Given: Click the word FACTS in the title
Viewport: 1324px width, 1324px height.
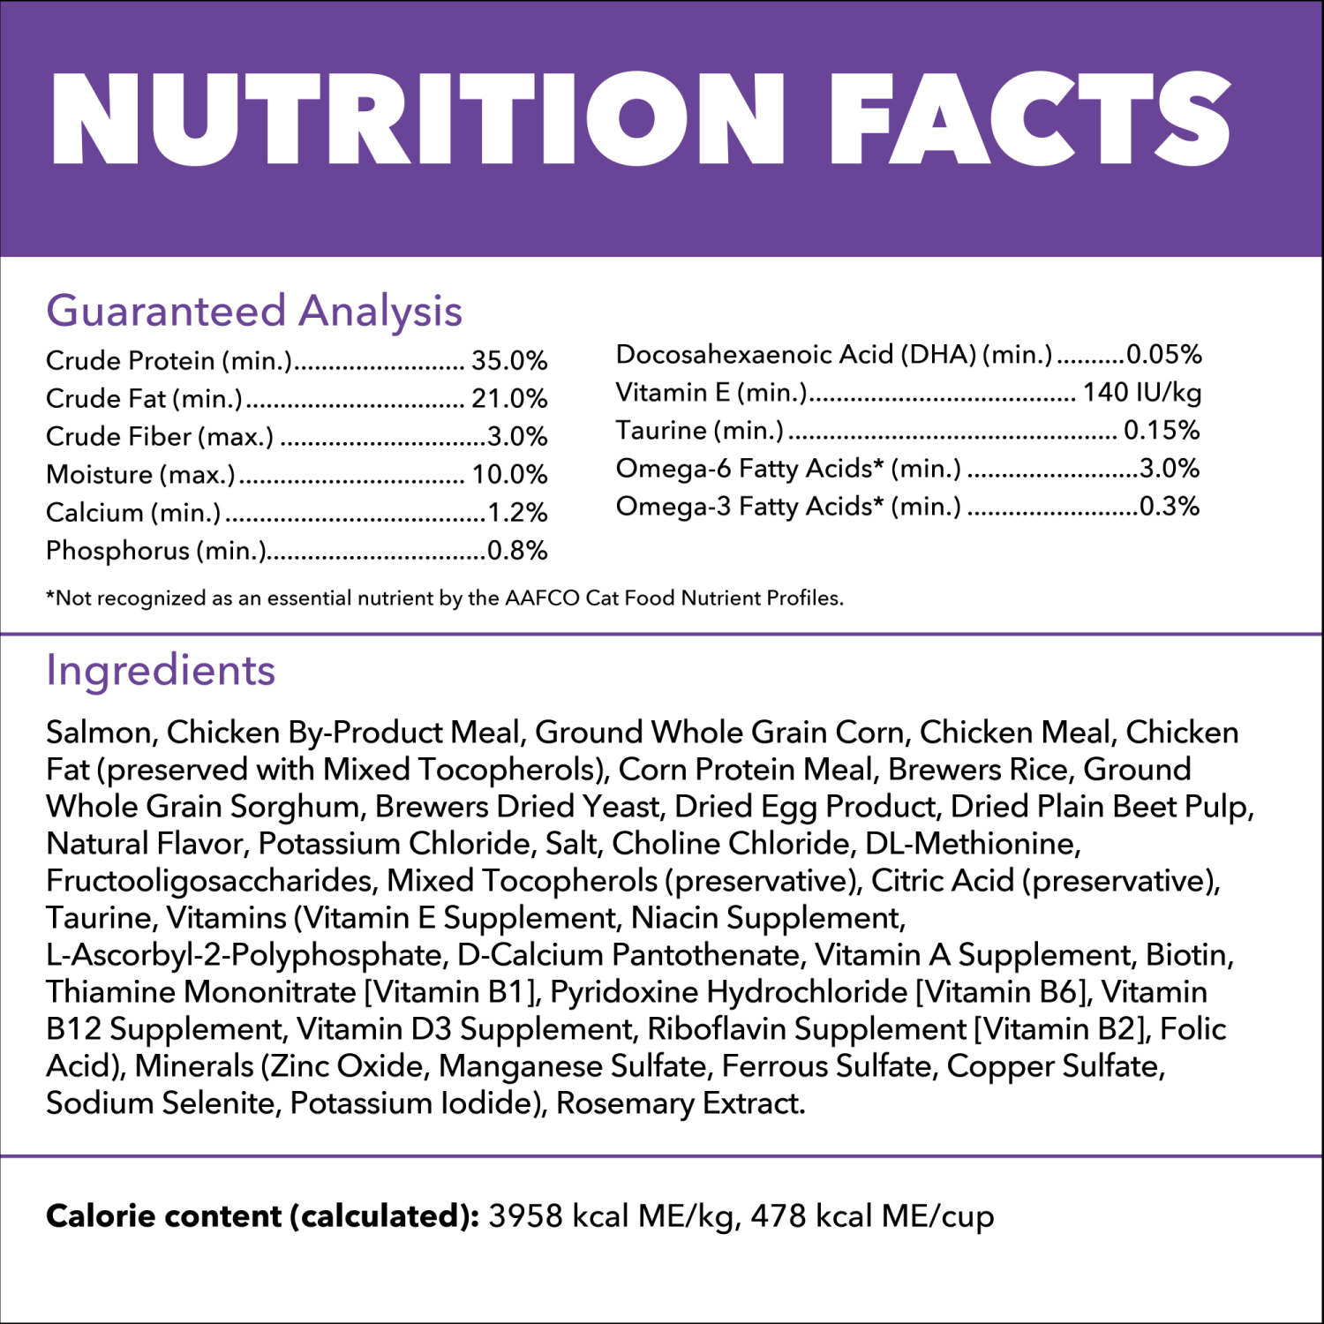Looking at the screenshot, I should tap(1029, 119).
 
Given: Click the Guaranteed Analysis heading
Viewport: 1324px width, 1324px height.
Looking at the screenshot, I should tap(254, 311).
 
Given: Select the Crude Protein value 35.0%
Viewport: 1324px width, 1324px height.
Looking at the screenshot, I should tap(509, 361).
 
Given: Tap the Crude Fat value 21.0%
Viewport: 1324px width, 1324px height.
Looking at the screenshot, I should tap(509, 399).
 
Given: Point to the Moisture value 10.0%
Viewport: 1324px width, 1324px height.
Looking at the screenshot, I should tap(509, 475).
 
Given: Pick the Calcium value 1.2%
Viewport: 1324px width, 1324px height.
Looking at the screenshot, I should tap(517, 513).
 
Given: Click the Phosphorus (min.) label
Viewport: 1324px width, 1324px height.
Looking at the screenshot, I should tap(156, 551).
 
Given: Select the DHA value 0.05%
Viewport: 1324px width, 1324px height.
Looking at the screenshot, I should tap(1164, 355).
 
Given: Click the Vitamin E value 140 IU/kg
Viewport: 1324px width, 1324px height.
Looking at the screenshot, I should tap(1142, 393).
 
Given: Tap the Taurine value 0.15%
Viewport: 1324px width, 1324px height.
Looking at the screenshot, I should tap(1162, 431).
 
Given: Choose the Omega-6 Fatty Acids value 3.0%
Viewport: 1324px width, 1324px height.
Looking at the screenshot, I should tap(1170, 469).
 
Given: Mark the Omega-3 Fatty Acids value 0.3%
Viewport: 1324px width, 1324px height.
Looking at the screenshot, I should tap(1170, 507).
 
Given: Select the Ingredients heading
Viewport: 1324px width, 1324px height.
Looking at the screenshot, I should tap(161, 670).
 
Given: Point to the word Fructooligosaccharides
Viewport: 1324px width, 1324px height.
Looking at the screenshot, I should tap(211, 881).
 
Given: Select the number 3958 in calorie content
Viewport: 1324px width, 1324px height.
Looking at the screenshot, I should tap(525, 1216).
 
